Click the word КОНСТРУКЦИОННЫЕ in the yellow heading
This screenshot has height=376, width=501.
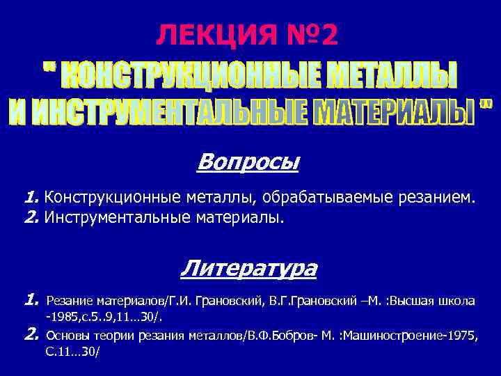click(175, 76)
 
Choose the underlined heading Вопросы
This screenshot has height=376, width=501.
click(248, 162)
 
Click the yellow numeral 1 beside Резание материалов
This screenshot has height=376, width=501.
click(30, 301)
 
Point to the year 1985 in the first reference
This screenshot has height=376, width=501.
click(62, 318)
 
